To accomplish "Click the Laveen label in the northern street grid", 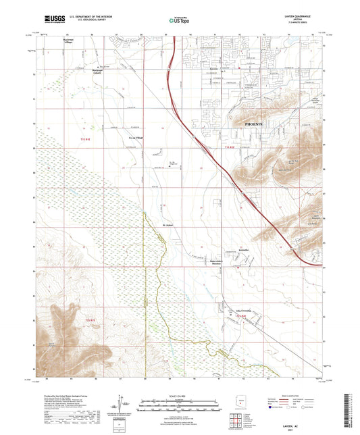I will tap(214, 69).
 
